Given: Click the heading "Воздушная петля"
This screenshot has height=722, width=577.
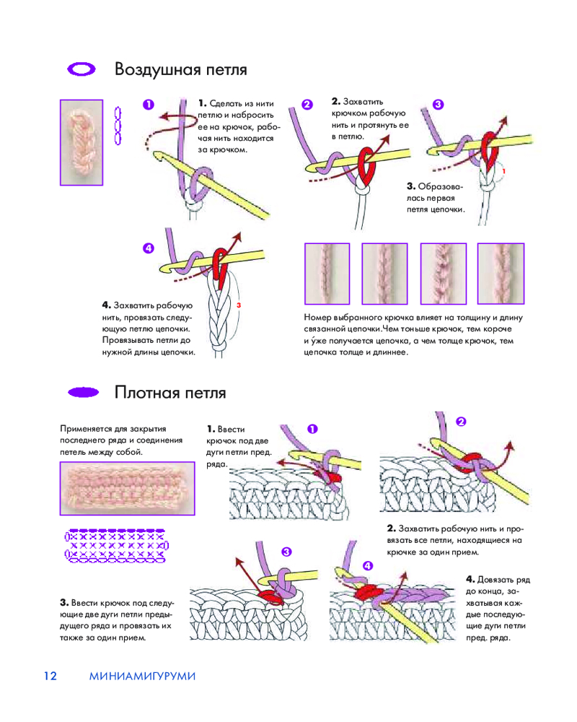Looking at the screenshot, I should coord(180,70).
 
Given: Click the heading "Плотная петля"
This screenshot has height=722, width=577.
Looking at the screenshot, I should coord(170,393).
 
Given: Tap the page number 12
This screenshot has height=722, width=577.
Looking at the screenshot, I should coord(50,676).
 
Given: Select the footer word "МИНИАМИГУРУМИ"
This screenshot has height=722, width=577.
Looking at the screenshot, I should coord(143,676).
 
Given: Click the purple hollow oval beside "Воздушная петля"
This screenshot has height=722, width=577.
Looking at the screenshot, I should coord(82,69).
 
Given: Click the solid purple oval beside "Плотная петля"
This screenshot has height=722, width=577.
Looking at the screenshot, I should coord(82,393).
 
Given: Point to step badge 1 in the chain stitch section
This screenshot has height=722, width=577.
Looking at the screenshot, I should coord(149,104).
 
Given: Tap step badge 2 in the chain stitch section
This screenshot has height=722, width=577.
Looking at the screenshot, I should coord(307,104).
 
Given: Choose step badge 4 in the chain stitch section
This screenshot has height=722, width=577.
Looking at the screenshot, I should coord(149,248).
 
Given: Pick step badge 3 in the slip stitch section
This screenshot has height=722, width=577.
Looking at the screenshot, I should coord(286,552).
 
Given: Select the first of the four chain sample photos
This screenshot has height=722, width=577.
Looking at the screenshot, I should coord(327,272).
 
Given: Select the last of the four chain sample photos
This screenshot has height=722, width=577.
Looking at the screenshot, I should coord(500,272).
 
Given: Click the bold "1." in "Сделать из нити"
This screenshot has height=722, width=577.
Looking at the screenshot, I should coord(202,104).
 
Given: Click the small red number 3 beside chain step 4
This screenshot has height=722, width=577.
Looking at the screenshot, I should coord(238,305).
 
